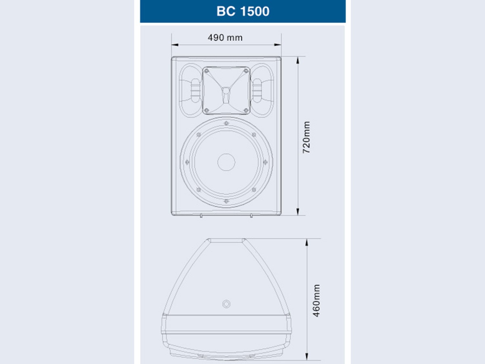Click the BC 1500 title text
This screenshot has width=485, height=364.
click(x=243, y=11)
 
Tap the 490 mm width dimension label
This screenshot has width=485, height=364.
click(x=225, y=38)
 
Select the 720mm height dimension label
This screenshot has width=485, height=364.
click(x=306, y=137)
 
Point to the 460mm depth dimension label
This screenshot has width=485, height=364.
click(x=316, y=301)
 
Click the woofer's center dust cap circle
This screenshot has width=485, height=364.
click(x=226, y=162)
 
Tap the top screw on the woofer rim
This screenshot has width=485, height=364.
click(x=226, y=123)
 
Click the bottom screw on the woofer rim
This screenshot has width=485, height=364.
click(x=226, y=201)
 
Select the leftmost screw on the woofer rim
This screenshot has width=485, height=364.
click(x=187, y=162)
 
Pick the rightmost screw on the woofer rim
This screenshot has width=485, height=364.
click(x=266, y=162)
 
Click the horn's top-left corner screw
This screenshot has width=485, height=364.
click(x=207, y=71)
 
